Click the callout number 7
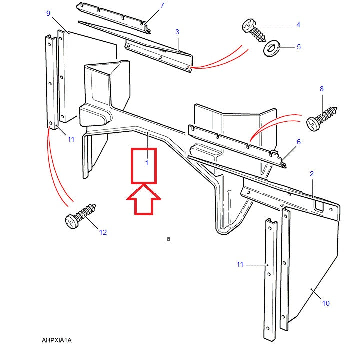tap(162, 6)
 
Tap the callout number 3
tap(177, 32)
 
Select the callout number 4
tap(298, 25)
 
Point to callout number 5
tap(299, 47)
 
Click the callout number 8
tap(322, 89)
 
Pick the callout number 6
tap(299, 142)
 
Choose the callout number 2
tap(312, 174)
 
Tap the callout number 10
tap(326, 303)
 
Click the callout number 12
tap(103, 232)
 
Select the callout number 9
tap(48, 13)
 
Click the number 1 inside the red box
tap(147, 163)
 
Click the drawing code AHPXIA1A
tap(57, 340)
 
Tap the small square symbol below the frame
tap(169, 239)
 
